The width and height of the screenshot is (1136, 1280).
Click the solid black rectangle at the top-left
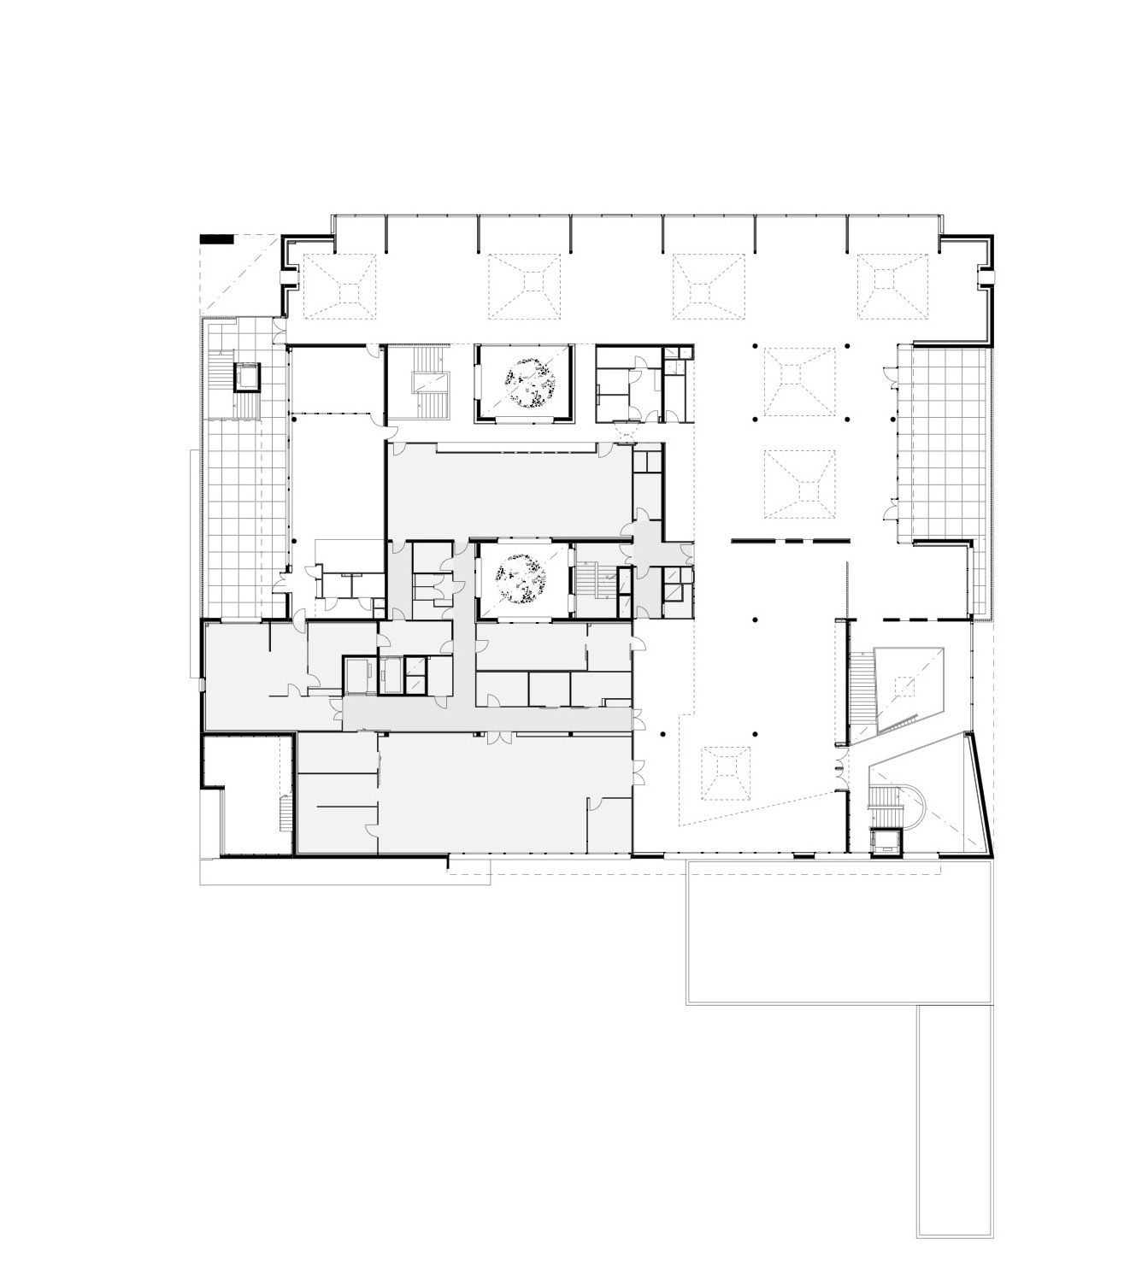tap(215, 240)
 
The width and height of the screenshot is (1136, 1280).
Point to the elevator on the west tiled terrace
tap(247, 376)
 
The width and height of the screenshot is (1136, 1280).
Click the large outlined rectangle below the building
tap(839, 931)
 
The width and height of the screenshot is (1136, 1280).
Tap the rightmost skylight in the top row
tap(892, 287)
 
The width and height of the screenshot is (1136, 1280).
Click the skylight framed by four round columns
tap(800, 381)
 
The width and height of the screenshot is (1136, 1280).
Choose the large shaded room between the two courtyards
tap(509, 491)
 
